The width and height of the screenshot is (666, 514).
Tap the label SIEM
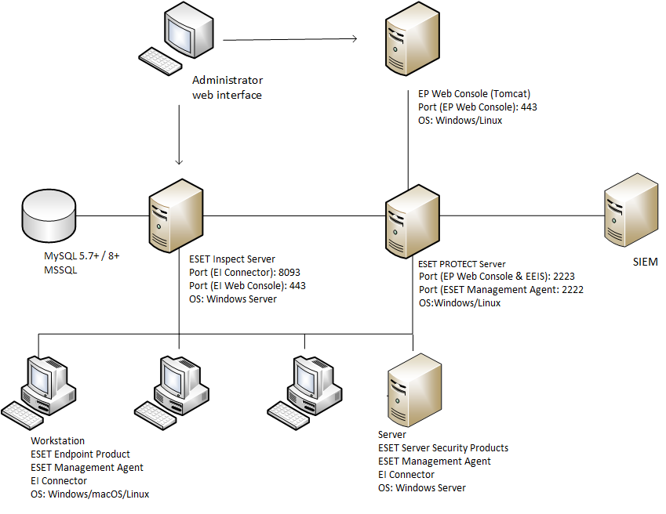click(x=644, y=262)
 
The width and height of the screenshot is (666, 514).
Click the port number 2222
click(x=568, y=290)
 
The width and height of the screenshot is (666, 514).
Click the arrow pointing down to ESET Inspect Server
click(x=179, y=133)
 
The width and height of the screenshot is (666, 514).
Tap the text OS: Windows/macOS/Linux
click(x=89, y=494)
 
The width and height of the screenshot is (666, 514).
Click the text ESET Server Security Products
click(x=443, y=448)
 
